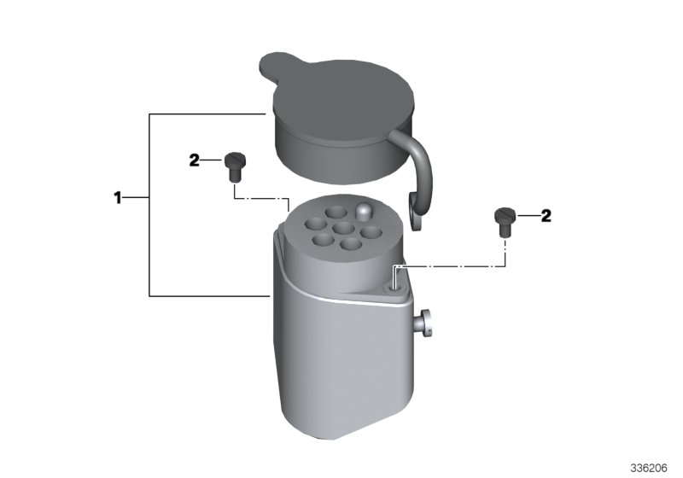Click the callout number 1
click(120, 198)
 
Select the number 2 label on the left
click(195, 160)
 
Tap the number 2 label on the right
click(546, 215)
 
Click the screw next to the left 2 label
click(234, 164)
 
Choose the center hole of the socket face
click(343, 229)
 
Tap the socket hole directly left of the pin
click(335, 211)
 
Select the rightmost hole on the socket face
click(371, 230)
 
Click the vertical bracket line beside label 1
click(150, 205)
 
